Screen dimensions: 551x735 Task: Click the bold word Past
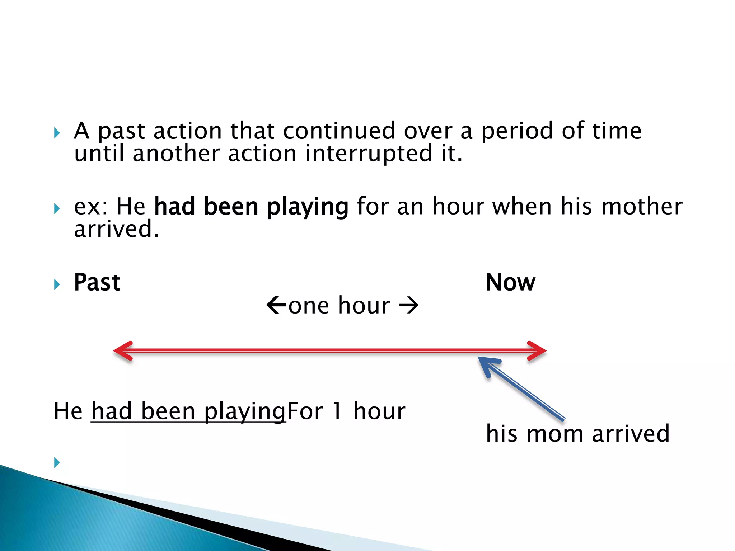97,282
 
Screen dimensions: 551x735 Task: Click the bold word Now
510,282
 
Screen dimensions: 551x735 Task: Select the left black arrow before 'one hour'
276,305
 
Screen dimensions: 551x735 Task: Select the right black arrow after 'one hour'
409,306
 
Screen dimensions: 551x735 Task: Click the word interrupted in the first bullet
369,154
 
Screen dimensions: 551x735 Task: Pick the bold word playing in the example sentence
308,207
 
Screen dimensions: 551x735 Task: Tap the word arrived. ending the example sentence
116,229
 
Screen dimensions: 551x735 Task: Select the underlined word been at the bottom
168,411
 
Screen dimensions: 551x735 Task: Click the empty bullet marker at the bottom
57,462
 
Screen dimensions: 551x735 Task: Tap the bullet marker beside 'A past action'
57,133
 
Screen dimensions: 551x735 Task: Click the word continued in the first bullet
339,131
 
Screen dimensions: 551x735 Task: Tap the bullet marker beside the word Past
57,285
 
